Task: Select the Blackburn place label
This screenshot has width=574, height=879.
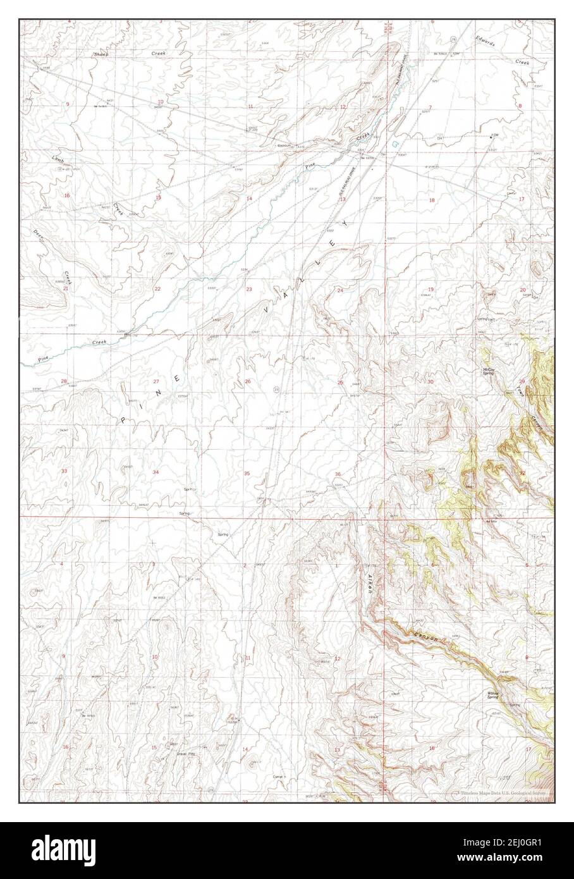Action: point(283,145)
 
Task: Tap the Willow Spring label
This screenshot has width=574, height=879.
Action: point(494,694)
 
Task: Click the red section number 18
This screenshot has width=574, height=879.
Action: point(432,200)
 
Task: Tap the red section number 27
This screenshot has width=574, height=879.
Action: point(156,382)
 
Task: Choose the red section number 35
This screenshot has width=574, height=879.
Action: point(247,473)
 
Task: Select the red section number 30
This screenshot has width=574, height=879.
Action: point(430,382)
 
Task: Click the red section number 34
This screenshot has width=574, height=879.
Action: point(156,473)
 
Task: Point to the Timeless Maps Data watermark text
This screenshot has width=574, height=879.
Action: point(499,792)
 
